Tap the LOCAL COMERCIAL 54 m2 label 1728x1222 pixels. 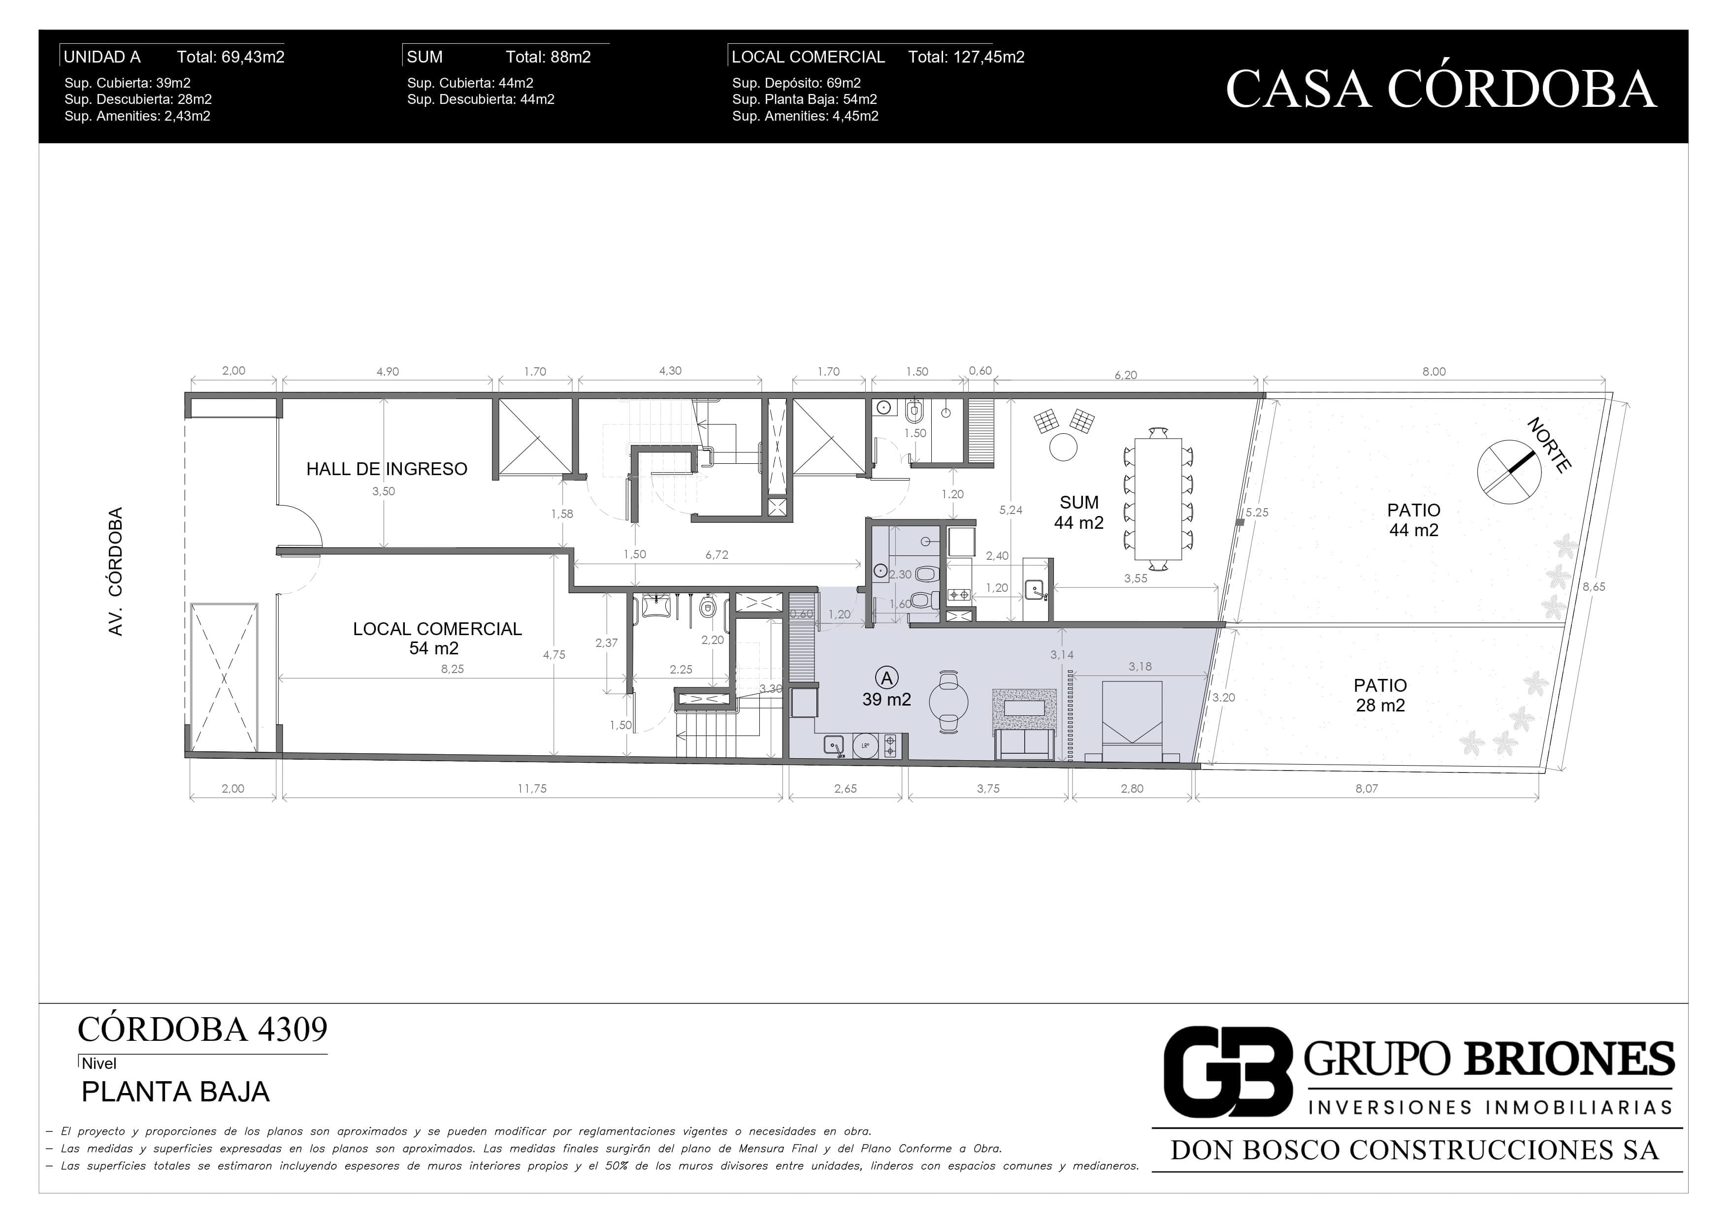(x=437, y=638)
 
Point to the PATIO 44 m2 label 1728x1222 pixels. (x=1413, y=520)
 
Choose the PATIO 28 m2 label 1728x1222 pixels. (x=1380, y=695)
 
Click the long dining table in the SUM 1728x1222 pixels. (x=1158, y=499)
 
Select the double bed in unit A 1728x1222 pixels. (x=1132, y=722)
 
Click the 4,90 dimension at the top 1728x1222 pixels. (x=387, y=371)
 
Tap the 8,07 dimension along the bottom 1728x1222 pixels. (x=1366, y=789)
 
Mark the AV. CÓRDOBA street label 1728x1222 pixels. (x=115, y=572)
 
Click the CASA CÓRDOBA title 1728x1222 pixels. (x=1440, y=89)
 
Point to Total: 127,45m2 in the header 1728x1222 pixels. (x=966, y=57)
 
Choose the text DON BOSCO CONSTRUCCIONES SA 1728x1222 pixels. (x=1415, y=1150)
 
